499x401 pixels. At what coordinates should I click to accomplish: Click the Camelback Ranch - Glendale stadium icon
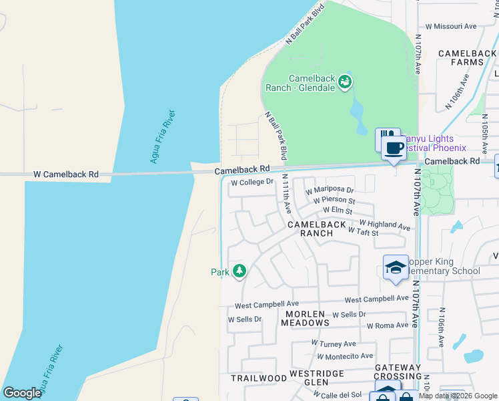[345, 82]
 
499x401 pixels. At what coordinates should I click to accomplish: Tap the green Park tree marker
[239, 271]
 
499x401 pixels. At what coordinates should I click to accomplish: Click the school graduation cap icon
[395, 267]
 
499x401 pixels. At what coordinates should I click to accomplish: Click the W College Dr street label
[252, 182]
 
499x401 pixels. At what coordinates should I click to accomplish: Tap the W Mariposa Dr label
[330, 190]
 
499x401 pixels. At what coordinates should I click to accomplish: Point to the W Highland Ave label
[384, 225]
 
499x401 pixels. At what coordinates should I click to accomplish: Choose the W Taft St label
[363, 233]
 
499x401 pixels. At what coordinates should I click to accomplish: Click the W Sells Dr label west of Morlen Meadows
[245, 319]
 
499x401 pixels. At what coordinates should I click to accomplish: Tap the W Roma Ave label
[387, 325]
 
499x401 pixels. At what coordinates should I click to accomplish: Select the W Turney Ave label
[334, 343]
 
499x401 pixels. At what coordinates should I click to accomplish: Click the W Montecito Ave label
[346, 356]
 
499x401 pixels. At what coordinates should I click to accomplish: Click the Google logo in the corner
[22, 393]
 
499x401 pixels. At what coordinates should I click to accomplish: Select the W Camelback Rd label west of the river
[66, 174]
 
